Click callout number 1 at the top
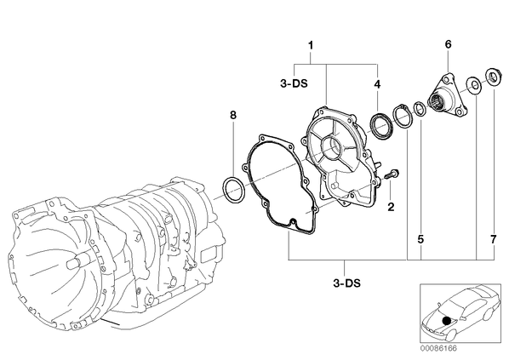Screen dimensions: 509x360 (x=311, y=45)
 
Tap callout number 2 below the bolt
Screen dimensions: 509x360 (x=392, y=207)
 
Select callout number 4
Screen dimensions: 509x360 (x=377, y=84)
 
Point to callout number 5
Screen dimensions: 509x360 (x=420, y=239)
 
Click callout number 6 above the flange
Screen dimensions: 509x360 (x=448, y=44)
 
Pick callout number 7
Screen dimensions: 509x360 (x=494, y=239)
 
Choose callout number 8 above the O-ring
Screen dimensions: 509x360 (x=233, y=115)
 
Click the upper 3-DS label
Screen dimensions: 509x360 (x=294, y=83)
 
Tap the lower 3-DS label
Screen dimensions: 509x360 (x=346, y=283)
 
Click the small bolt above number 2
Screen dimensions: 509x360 (x=392, y=174)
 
